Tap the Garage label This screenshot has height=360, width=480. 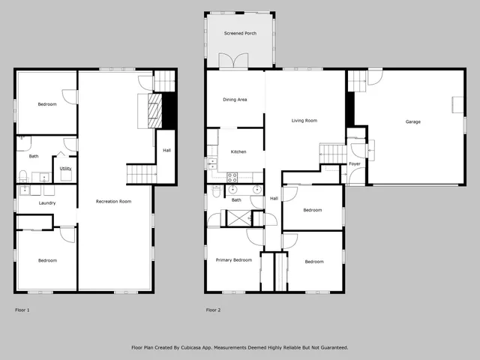pyautogui.click(x=412, y=121)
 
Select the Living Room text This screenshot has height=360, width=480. pyautogui.click(x=304, y=120)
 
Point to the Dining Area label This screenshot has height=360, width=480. pyautogui.click(x=235, y=100)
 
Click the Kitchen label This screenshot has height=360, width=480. pyautogui.click(x=238, y=152)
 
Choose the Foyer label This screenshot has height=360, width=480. pyautogui.click(x=354, y=163)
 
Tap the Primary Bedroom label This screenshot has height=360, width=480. pyautogui.click(x=233, y=259)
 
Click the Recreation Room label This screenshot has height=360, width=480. pyautogui.click(x=114, y=201)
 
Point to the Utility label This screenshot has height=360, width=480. pyautogui.click(x=65, y=169)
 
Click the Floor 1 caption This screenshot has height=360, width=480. pyautogui.click(x=23, y=309)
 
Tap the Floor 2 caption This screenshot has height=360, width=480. pyautogui.click(x=214, y=309)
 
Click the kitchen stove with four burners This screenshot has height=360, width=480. pyautogui.click(x=232, y=178)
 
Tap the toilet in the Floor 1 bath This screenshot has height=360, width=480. pyautogui.click(x=23, y=176)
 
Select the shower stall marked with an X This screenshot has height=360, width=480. pyautogui.click(x=238, y=218)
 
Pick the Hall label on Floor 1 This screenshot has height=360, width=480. pyautogui.click(x=166, y=150)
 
